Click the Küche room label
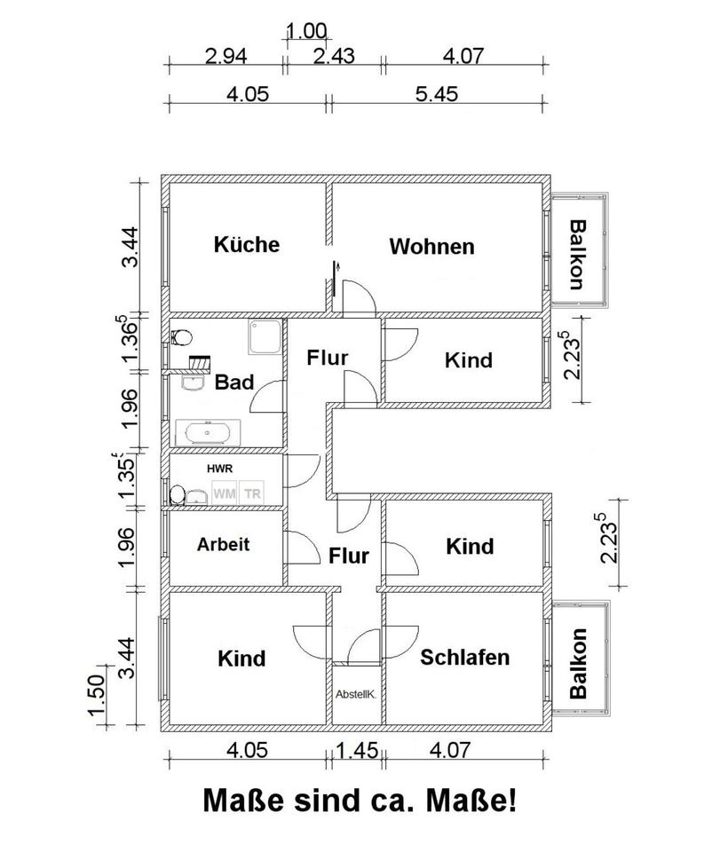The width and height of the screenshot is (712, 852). coord(246,244)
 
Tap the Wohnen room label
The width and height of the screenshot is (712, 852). coord(431,247)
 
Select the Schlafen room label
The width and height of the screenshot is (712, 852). coord(464,658)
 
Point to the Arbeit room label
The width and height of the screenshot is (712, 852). coord(223,545)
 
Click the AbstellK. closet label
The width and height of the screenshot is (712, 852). coord(355,695)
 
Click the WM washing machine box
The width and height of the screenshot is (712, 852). coord(222,493)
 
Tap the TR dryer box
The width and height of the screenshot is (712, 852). coord(253,493)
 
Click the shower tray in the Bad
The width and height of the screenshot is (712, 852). coord(265,337)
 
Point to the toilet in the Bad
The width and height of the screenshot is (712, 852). coord(181,337)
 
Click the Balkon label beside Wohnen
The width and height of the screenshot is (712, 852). coord(577,254)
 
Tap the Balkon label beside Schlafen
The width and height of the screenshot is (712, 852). coord(579,663)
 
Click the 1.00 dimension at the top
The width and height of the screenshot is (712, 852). coord(305,31)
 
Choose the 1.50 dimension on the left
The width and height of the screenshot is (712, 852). coord(99,698)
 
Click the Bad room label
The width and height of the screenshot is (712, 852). coord(234,383)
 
